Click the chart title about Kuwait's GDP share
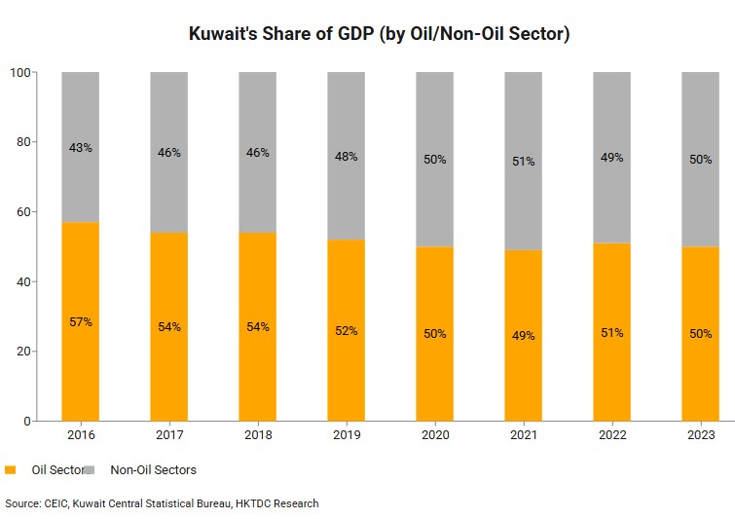379,34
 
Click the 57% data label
80,322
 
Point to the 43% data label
80,148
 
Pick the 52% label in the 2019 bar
346,331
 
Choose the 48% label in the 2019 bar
346,155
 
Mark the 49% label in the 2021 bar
523,336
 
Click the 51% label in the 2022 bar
611,333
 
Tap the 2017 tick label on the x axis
168,435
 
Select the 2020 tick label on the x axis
434,435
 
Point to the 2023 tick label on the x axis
700,435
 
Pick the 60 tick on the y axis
24,211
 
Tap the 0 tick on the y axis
28,422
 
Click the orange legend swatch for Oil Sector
11,470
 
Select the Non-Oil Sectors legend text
153,470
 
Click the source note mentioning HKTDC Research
162,503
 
